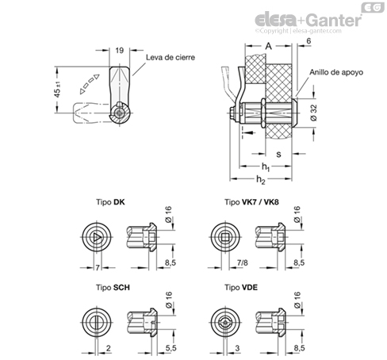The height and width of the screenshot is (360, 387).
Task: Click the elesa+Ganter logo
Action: click(x=308, y=20)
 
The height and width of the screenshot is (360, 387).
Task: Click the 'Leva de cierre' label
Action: click(x=171, y=57)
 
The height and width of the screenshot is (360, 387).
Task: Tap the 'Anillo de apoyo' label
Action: click(x=336, y=72)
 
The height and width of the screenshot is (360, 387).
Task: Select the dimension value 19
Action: click(x=120, y=50)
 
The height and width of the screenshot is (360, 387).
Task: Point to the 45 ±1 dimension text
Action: click(x=57, y=90)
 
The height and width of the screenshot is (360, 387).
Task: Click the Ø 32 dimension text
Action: click(x=313, y=113)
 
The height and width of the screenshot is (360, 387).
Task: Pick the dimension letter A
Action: click(x=268, y=46)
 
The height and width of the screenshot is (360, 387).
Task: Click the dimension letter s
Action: click(x=278, y=154)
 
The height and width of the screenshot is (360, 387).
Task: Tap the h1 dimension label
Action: click(x=266, y=167)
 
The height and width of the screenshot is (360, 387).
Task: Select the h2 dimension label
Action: click(x=261, y=180)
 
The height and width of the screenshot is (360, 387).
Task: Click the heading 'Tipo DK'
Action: click(x=110, y=202)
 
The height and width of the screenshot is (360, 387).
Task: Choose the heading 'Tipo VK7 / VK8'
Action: click(x=251, y=202)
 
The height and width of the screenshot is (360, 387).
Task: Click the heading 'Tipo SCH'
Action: click(x=113, y=287)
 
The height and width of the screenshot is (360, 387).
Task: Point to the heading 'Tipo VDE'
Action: click(x=241, y=287)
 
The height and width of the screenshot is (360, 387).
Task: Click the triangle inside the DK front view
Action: click(x=97, y=238)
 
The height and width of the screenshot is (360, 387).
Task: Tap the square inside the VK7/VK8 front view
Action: click(x=225, y=238)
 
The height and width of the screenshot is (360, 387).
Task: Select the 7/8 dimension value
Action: click(x=243, y=262)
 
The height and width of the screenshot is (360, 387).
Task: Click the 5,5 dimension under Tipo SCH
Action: click(x=171, y=348)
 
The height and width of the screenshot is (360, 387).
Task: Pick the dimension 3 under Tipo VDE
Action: click(x=237, y=348)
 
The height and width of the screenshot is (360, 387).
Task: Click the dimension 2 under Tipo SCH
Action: click(x=109, y=348)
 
